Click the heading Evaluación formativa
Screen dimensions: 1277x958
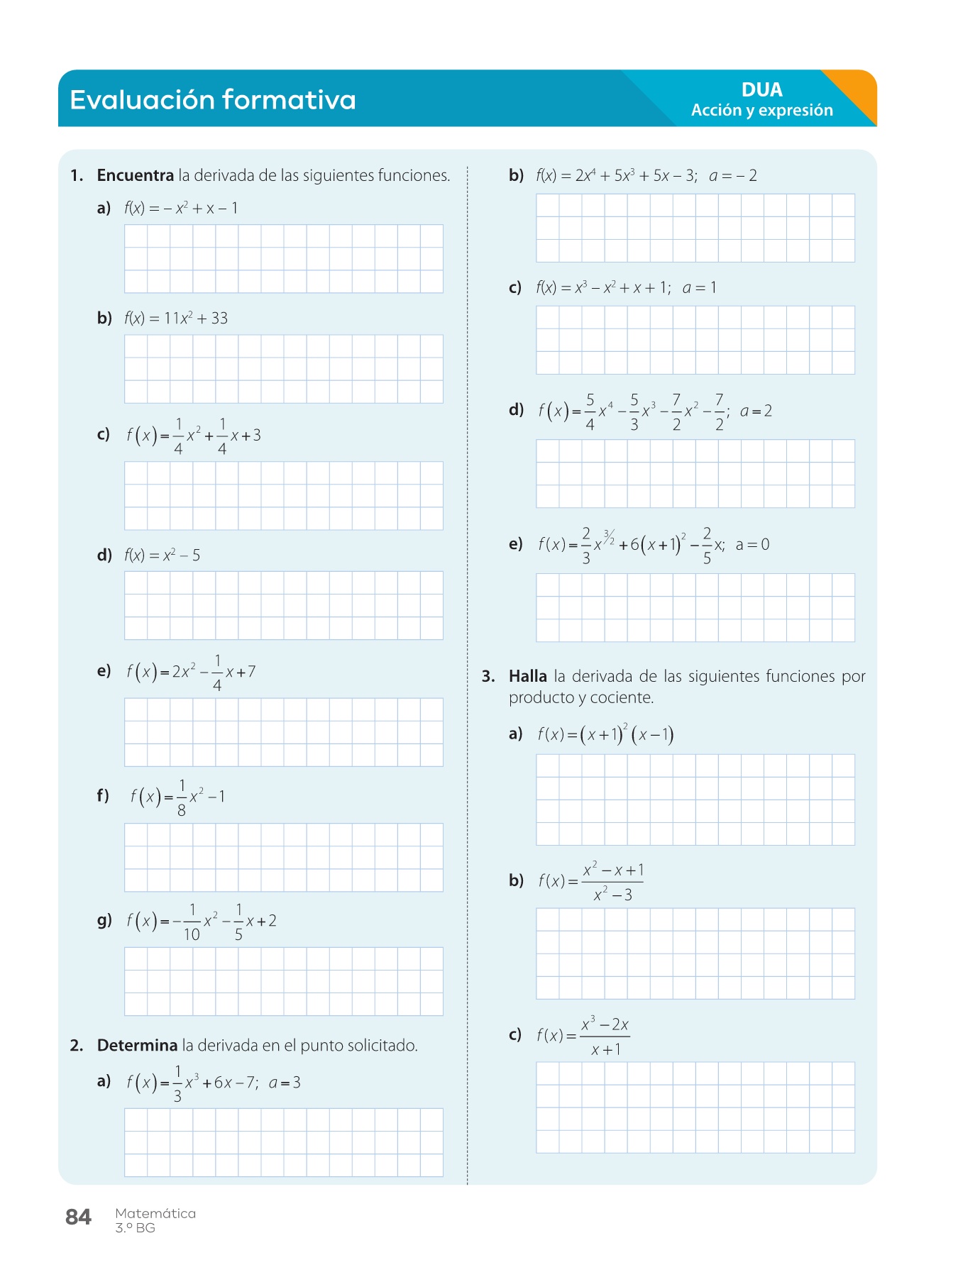coord(212,100)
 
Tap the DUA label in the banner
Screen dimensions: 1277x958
coord(761,90)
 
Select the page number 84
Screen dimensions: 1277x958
coord(78,1217)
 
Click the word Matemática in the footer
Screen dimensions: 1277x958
coord(155,1213)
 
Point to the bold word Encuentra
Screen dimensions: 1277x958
coord(135,175)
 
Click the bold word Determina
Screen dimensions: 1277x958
coord(137,1045)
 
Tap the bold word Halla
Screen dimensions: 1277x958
coord(527,676)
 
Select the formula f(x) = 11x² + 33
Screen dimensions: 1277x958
coord(176,319)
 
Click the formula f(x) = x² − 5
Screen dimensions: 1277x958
coord(162,555)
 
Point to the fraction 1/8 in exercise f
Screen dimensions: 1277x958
coord(182,797)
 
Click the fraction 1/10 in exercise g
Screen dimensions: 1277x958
coord(192,922)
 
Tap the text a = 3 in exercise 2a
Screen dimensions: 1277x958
coord(285,1083)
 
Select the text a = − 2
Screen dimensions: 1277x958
coord(733,175)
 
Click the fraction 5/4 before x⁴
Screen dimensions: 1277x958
coord(590,411)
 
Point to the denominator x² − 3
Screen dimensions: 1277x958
coord(612,895)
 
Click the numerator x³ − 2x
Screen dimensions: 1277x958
coord(605,1024)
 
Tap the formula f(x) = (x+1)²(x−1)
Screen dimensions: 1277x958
coord(605,734)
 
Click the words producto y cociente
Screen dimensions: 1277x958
coord(580,697)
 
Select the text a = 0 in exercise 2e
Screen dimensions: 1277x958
coord(752,545)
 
